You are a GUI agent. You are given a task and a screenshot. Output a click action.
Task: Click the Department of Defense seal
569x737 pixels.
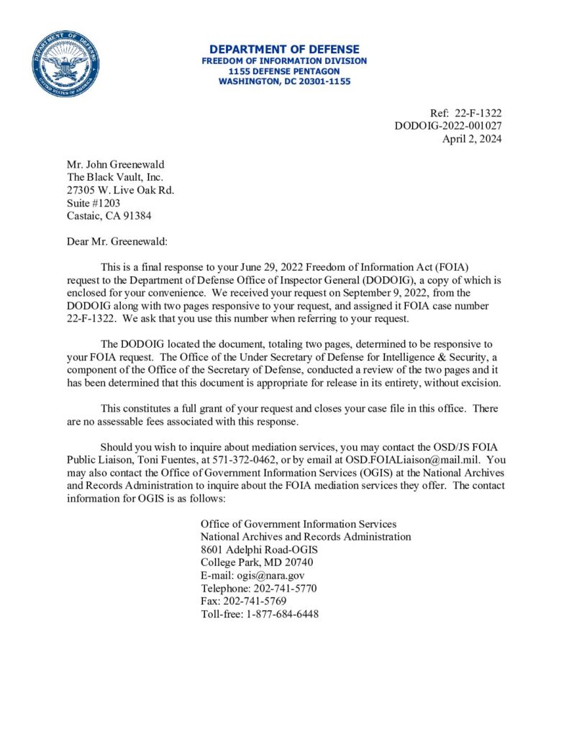pyautogui.click(x=65, y=65)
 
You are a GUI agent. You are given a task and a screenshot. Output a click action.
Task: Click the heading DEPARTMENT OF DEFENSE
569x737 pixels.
pyautogui.click(x=284, y=50)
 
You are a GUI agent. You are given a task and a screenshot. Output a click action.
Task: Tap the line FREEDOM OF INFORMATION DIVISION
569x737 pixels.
pyautogui.click(x=284, y=61)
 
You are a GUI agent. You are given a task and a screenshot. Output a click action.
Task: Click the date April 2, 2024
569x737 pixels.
pyautogui.click(x=471, y=139)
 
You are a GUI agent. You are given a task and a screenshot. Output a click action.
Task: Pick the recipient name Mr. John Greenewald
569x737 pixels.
pyautogui.click(x=115, y=165)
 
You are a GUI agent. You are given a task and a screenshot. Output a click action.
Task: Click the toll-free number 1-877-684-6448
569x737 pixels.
pyautogui.click(x=278, y=615)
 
